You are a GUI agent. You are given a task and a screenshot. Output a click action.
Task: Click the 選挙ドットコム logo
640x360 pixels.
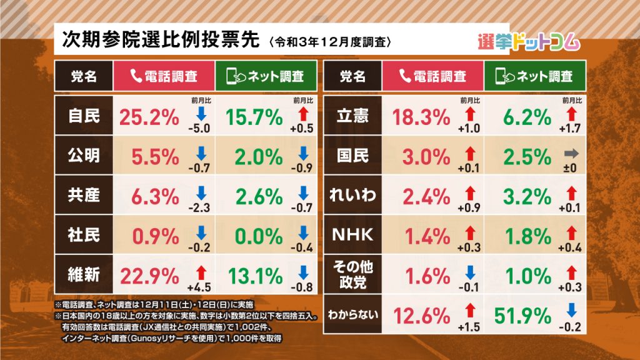click(x=528, y=41)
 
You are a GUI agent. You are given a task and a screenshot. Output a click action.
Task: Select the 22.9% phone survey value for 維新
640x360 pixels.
click(x=149, y=274)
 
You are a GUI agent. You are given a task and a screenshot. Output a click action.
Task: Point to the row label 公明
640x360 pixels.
click(x=83, y=155)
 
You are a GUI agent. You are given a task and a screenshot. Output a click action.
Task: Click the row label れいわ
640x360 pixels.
click(x=353, y=195)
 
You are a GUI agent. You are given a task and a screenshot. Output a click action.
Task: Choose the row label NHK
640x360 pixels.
click(x=353, y=235)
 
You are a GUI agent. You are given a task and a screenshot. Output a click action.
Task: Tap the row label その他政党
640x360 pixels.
click(x=353, y=275)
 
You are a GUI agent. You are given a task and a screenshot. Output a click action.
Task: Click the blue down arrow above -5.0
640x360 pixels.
click(x=200, y=112)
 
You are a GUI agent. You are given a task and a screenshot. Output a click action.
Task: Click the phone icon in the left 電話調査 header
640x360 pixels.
click(x=136, y=76)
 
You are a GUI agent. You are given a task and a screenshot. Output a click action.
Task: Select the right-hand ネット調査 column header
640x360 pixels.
click(x=534, y=76)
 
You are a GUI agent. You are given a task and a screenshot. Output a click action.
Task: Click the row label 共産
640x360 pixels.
click(x=83, y=195)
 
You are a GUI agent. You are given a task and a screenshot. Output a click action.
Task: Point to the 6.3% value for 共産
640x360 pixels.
click(x=154, y=195)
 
